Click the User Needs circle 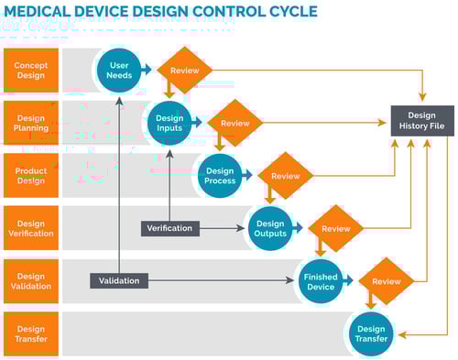click(x=119, y=70)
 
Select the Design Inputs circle click(x=169, y=123)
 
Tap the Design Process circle click(x=220, y=175)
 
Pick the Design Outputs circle click(x=270, y=228)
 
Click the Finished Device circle click(x=321, y=281)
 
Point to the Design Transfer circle click(x=371, y=333)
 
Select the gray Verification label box click(x=169, y=228)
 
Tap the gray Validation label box click(x=119, y=281)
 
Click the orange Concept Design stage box click(x=30, y=70)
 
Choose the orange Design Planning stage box click(x=30, y=123)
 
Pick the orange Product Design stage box click(x=30, y=175)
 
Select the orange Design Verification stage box click(x=30, y=228)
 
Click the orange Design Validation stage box click(x=30, y=281)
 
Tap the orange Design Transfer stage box click(x=30, y=333)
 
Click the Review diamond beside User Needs click(x=185, y=70)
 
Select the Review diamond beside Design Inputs click(x=235, y=123)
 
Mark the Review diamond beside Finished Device click(x=386, y=281)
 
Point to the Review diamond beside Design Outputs click(x=335, y=228)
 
